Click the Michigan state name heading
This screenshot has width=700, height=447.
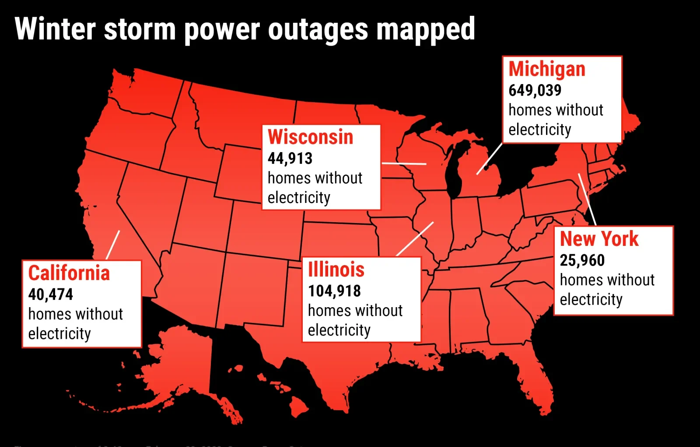tap(547, 69)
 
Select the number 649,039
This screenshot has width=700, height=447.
tap(535, 90)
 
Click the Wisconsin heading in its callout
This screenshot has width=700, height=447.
tap(310, 137)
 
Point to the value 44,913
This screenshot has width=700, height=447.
tap(290, 158)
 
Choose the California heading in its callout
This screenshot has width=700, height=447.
tap(69, 273)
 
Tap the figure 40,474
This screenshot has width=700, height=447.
tap(50, 294)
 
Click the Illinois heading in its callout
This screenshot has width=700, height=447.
tap(336, 270)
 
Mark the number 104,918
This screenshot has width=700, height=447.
tap(334, 291)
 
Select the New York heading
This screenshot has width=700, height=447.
tap(599, 239)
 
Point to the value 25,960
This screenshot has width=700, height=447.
tap(582, 260)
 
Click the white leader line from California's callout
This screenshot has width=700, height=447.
tap(113, 245)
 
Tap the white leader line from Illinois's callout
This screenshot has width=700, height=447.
tap(415, 239)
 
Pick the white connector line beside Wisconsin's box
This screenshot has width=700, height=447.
tap(404, 163)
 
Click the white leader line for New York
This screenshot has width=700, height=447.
tap(587, 199)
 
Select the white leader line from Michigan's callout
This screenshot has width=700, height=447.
tap(489, 159)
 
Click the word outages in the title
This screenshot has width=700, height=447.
tap(318, 30)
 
